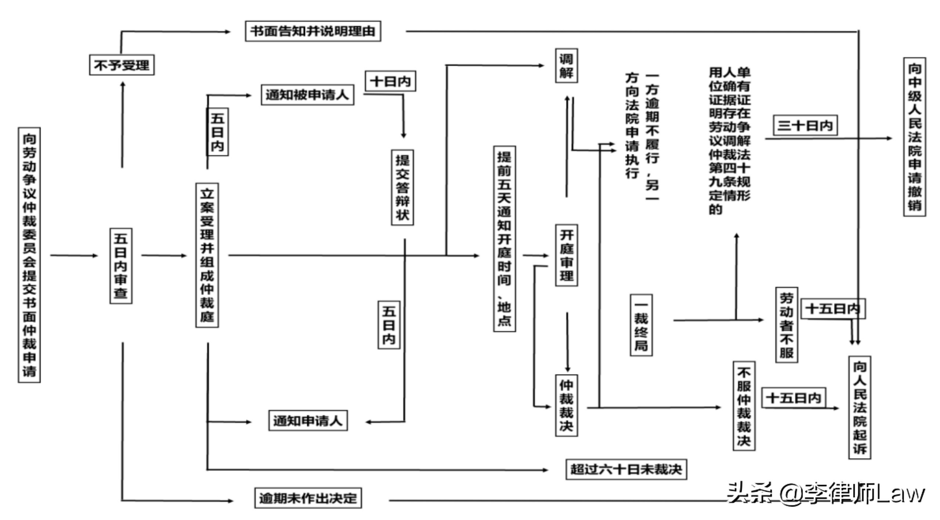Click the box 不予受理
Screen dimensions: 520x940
[x=122, y=65]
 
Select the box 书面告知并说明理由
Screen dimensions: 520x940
[x=313, y=31]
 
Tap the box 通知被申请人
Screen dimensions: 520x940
[x=307, y=95]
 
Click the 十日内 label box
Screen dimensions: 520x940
[x=390, y=81]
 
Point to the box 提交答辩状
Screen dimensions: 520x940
[x=402, y=187]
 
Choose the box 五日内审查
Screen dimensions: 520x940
[x=121, y=266]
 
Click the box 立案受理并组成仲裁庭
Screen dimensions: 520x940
[x=207, y=255]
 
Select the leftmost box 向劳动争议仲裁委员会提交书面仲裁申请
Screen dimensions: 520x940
[x=29, y=255]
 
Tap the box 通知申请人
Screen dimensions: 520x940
[x=308, y=420]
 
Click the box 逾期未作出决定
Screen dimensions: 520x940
[x=308, y=498]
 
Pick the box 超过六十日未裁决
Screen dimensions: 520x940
[x=626, y=469]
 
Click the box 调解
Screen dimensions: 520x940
[x=566, y=66]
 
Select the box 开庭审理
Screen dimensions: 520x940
[x=566, y=255]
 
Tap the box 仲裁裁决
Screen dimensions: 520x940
[x=566, y=405]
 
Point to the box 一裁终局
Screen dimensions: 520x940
[x=641, y=325]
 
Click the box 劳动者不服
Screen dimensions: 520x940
[x=787, y=325]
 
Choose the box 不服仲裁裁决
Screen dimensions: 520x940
[x=744, y=406]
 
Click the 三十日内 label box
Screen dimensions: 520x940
[x=805, y=126]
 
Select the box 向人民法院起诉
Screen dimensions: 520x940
[x=860, y=407]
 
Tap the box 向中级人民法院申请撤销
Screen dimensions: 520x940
[x=914, y=137]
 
